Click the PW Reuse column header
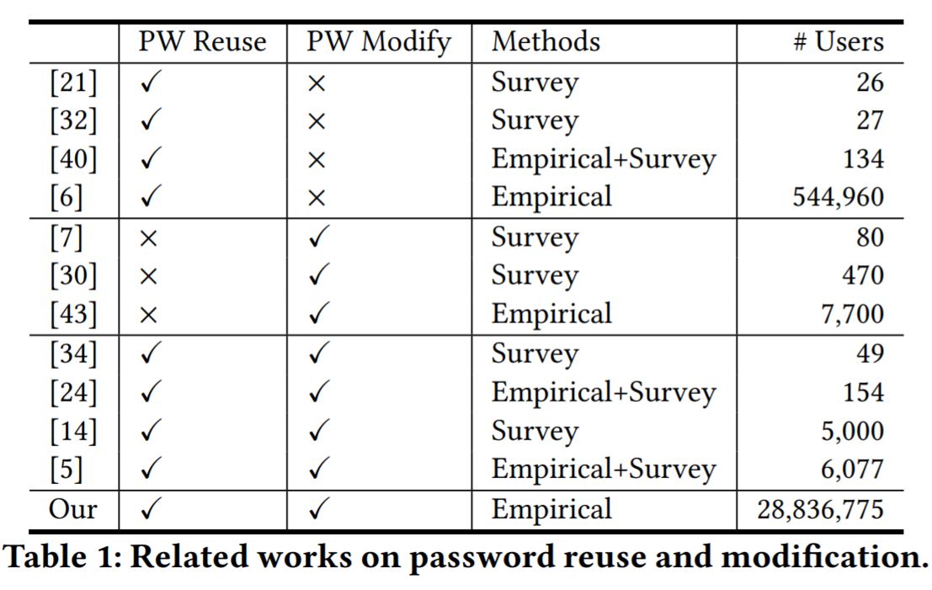202,41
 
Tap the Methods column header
546,41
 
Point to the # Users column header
838,41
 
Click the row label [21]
73,82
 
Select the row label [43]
73,314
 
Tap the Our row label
72,509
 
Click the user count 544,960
838,197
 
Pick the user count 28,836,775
820,509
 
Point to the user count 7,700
852,314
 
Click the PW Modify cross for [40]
317,160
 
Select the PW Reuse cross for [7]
148,238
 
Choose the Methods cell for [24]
604,393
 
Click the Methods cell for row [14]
535,432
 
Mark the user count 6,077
852,470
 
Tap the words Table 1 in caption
64,557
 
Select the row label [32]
73,120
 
